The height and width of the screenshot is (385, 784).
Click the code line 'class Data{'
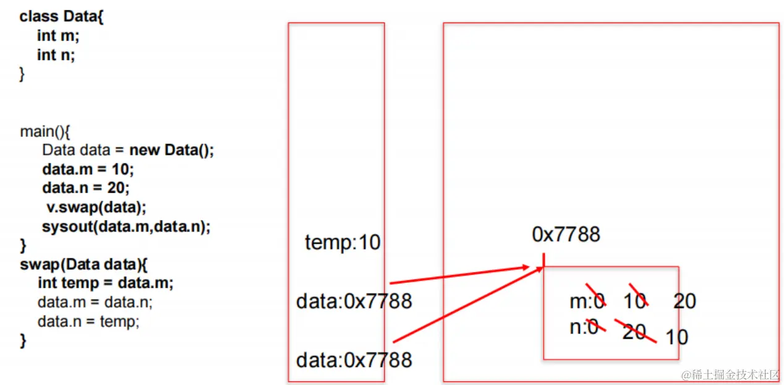pos(62,17)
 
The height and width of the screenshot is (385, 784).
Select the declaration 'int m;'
pos(58,36)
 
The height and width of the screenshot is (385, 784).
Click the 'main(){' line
pos(46,132)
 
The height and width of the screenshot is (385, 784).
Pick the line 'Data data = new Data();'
pos(128,150)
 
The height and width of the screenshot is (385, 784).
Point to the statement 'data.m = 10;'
pos(88,169)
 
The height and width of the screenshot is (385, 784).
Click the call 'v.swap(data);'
pos(96,207)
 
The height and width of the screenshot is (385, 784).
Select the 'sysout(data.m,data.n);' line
pos(126,226)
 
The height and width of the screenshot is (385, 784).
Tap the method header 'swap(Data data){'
pos(84,264)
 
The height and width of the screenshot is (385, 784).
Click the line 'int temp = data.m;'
pos(106,283)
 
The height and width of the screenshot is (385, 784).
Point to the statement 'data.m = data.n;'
pos(95,302)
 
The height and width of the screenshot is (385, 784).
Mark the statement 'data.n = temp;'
pos(88,321)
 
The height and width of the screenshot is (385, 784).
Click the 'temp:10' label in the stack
pos(343,243)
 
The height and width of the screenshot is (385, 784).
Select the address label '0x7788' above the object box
pos(566,234)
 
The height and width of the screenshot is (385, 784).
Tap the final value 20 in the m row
pos(684,301)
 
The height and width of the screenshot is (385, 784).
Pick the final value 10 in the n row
pos(676,337)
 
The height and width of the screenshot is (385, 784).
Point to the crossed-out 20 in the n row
pos(634,331)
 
